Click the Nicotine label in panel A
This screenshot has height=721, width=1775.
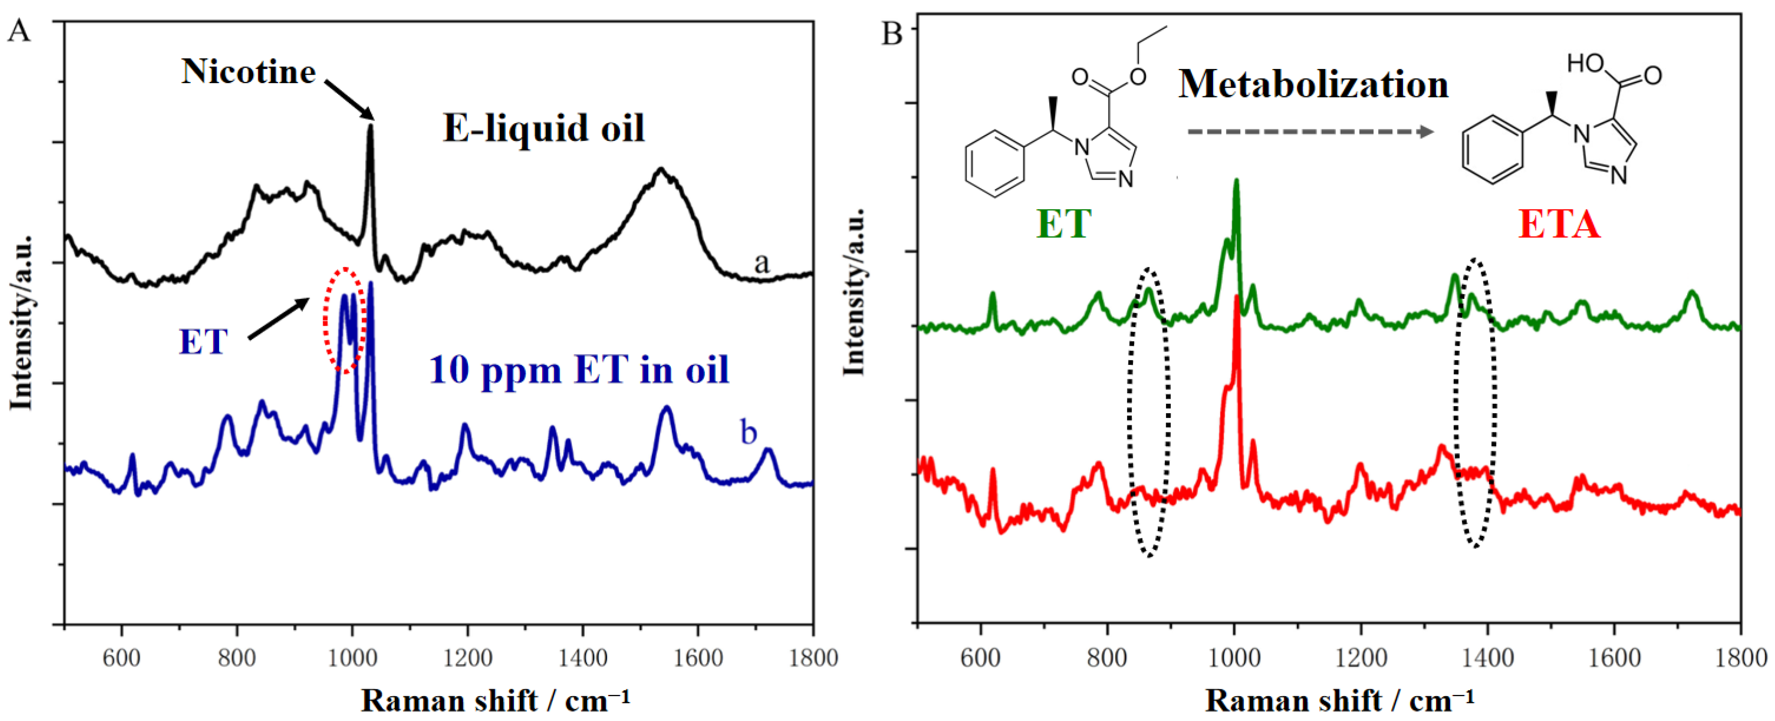coord(248,72)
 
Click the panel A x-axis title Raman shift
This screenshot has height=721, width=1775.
coord(495,701)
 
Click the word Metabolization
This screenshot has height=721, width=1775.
coord(1313,85)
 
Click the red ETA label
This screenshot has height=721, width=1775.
coord(1559,224)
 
